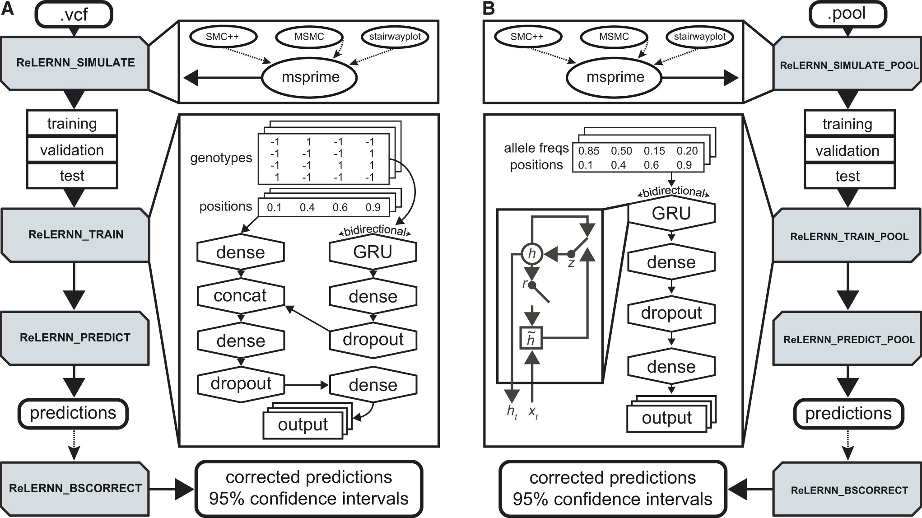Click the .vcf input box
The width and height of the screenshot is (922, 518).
click(74, 14)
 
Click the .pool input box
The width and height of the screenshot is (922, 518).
click(847, 14)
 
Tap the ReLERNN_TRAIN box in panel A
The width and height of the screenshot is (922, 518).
click(75, 234)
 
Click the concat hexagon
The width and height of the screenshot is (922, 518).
click(240, 296)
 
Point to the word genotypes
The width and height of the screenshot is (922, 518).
click(221, 158)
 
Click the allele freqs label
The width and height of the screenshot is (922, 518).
click(536, 148)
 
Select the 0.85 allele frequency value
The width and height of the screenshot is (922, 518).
click(589, 151)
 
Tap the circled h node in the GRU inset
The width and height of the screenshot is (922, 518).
click(532, 254)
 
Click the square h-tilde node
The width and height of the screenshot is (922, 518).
click(531, 338)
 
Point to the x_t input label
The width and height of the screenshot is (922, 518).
click(533, 412)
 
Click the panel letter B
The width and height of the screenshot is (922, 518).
click(489, 9)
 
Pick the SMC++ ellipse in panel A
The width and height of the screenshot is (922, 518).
click(222, 37)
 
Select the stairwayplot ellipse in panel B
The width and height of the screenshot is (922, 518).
click(699, 37)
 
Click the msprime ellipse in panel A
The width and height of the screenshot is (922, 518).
click(310, 77)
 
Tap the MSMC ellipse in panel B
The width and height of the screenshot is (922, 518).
click(614, 37)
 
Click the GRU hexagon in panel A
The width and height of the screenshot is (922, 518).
click(373, 252)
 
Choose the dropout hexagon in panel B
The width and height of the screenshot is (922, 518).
click(671, 313)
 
